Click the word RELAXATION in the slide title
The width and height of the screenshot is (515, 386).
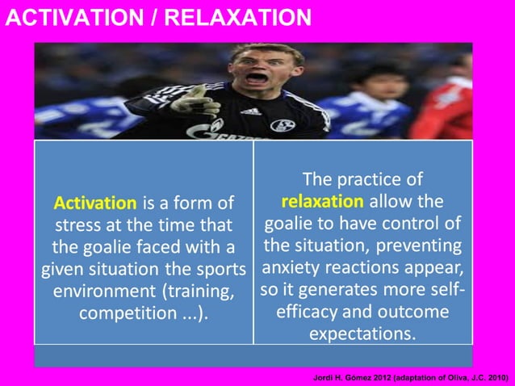click(x=234, y=17)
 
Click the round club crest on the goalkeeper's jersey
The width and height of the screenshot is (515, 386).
click(x=282, y=125)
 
